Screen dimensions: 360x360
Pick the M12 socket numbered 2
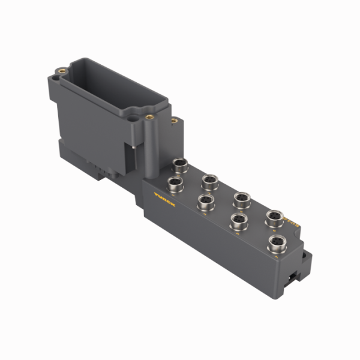[209, 181]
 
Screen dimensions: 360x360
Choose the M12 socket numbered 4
[242, 198]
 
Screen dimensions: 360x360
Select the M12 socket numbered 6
[275, 217]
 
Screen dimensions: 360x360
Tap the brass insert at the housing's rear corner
[62, 71]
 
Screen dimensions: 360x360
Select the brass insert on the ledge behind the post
[174, 121]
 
